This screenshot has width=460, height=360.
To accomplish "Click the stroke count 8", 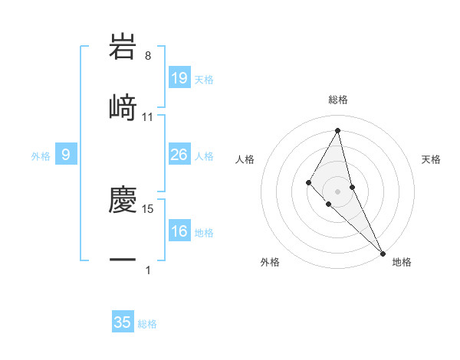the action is (x=148, y=56).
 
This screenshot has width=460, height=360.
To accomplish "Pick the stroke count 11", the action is (x=148, y=116).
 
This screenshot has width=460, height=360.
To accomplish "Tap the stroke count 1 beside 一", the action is (x=148, y=270).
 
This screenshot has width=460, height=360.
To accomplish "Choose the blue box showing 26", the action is (x=179, y=155).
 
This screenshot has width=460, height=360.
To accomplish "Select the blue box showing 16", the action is (x=179, y=231).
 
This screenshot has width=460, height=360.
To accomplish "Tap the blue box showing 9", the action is (x=66, y=155).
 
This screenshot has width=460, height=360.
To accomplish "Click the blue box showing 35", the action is (x=123, y=322).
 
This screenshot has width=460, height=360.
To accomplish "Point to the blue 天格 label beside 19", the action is (x=204, y=80).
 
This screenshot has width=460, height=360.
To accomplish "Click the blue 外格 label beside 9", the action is (x=41, y=156).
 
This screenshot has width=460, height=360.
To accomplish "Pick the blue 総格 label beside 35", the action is (x=147, y=324).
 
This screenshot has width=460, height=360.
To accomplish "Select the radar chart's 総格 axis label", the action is (x=338, y=100).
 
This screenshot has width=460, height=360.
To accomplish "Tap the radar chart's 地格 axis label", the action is (x=402, y=262).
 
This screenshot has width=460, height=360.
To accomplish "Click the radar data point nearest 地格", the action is (x=383, y=253).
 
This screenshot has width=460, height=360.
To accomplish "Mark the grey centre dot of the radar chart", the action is (x=338, y=191).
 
